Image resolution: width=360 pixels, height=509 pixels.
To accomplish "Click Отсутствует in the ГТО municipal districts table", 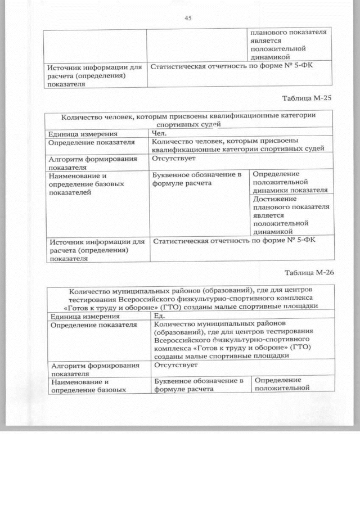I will pos(175,365).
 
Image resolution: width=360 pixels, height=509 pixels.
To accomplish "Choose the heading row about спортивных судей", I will pos(188,119).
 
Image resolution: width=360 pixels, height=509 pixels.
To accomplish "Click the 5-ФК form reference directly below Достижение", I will pos(235,241).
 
